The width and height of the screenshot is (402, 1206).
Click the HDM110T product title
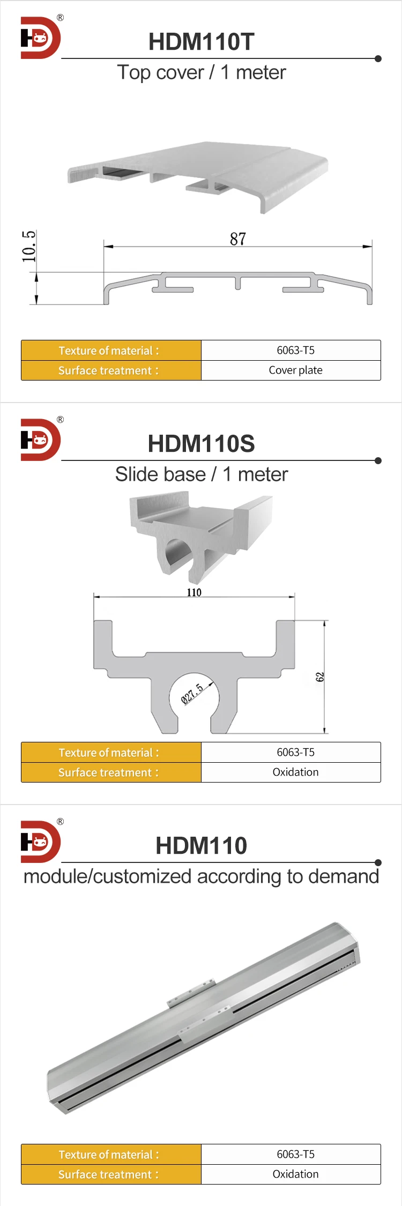coord(201,42)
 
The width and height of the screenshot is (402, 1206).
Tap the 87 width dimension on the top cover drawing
coord(238,239)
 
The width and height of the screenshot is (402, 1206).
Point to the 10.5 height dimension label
coord(29,247)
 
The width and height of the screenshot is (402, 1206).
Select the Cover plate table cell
coord(295,370)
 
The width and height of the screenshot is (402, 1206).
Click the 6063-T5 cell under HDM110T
coord(295,351)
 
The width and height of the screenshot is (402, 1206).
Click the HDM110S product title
coord(201,444)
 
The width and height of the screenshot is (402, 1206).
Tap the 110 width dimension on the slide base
coord(194,592)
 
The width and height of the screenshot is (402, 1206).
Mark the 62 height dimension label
coord(320,677)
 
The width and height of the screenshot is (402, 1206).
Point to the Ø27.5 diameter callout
coord(192,694)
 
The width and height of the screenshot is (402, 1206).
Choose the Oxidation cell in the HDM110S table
coord(295,772)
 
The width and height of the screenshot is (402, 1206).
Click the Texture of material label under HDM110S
coord(109,753)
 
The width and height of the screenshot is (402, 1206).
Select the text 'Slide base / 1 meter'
coord(201,474)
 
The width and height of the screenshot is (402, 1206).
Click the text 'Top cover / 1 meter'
coord(201,72)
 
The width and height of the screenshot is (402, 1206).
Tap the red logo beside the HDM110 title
coord(40,842)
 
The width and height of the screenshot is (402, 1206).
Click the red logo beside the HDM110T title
coord(40,38)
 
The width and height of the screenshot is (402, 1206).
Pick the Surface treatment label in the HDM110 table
coord(109,1174)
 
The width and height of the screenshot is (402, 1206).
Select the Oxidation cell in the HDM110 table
coord(295,1174)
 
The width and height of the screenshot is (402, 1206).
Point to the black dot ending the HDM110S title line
coord(378,460)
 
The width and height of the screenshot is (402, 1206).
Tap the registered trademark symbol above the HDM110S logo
coord(60,420)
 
